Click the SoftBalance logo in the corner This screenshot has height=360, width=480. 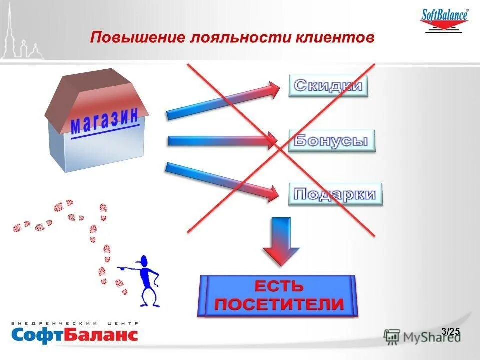pos(445,20)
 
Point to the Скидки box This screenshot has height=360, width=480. pos(328,85)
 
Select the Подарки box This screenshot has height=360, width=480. pos(335,194)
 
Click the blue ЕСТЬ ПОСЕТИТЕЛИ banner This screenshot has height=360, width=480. pos(279,296)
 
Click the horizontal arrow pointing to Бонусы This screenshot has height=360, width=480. pos(222,141)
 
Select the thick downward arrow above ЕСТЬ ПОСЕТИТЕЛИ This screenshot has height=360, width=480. pos(281,240)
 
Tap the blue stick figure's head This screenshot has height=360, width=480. pos(144,261)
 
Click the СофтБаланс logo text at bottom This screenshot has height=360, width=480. pos(74,334)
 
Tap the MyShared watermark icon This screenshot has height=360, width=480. pos(392,336)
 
